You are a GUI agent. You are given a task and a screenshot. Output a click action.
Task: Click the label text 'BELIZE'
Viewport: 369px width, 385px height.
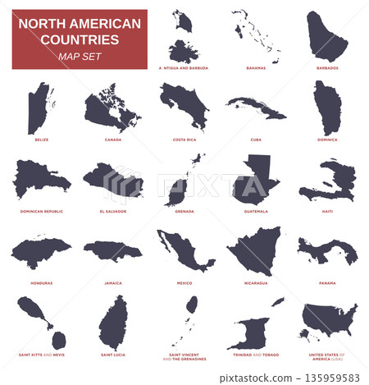pyautogui.click(x=41, y=140)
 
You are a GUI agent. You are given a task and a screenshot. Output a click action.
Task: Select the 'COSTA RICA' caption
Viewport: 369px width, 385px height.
pyautogui.click(x=184, y=140)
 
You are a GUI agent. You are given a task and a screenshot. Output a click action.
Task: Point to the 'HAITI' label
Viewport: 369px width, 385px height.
pyautogui.click(x=327, y=211)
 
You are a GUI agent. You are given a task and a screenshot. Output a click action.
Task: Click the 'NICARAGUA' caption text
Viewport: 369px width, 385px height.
pyautogui.click(x=256, y=282)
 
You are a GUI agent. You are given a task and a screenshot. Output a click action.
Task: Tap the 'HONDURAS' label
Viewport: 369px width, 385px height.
pyautogui.click(x=41, y=282)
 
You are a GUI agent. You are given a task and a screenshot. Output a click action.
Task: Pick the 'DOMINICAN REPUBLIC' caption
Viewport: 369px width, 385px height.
pyautogui.click(x=41, y=211)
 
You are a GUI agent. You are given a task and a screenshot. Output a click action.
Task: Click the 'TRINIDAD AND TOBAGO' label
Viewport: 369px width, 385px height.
pyautogui.click(x=256, y=355)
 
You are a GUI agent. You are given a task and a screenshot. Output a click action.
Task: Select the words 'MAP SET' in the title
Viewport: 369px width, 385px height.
pyautogui.click(x=79, y=56)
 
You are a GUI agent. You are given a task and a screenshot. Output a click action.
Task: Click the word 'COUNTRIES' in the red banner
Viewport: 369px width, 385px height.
pyautogui.click(x=79, y=39)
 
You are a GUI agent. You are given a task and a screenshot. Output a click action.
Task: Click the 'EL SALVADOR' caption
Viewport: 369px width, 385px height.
pyautogui.click(x=112, y=211)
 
